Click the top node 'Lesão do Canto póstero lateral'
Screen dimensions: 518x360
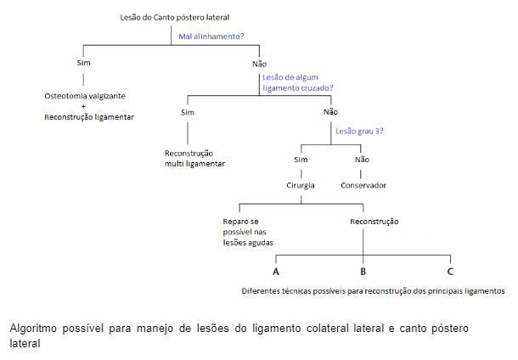174,18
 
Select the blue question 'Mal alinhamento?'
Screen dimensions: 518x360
211,37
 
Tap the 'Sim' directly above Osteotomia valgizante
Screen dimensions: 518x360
83,63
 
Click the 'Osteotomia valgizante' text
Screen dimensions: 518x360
85,96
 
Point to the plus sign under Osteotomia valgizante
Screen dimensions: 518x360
83,106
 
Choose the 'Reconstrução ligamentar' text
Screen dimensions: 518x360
89,117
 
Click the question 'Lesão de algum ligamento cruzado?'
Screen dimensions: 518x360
298,82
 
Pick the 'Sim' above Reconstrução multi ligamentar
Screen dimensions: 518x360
188,113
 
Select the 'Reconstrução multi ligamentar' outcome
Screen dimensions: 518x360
194,159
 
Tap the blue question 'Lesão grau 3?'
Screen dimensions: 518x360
359,131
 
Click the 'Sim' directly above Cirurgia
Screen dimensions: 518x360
301,160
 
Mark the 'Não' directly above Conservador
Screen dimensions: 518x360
362,160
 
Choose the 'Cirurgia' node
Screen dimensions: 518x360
301,186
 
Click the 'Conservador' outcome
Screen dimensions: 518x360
363,185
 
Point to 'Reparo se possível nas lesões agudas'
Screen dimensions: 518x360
248,232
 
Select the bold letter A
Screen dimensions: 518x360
276,272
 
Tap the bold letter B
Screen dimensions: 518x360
363,272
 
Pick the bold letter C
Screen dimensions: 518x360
450,272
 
